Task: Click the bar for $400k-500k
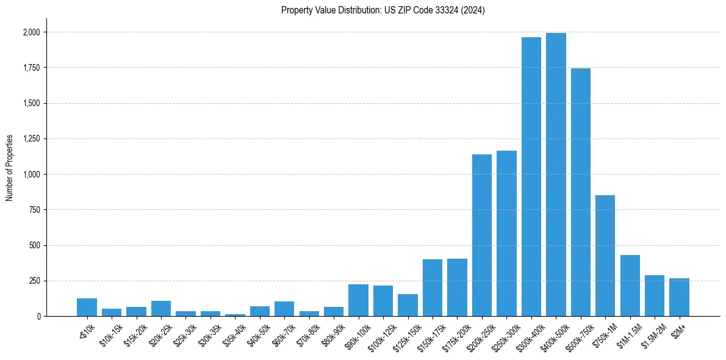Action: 556,175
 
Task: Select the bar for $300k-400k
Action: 531,177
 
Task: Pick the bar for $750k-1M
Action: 605,256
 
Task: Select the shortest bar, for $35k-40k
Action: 235,315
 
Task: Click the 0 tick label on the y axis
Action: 39,317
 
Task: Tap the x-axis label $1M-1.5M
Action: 628,336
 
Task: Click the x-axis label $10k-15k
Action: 110,336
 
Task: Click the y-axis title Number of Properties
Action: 10,168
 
